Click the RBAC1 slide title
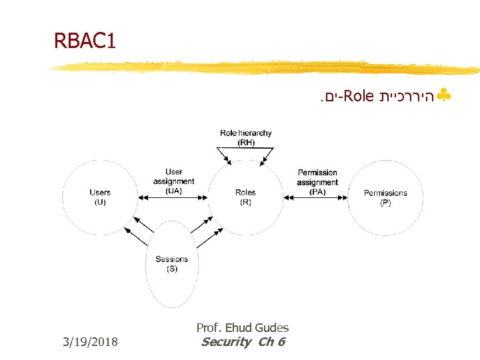click(85, 42)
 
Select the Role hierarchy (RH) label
click(246, 137)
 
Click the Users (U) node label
click(100, 197)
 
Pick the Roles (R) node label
click(245, 197)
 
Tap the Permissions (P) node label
click(385, 197)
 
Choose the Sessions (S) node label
click(172, 264)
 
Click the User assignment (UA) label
click(173, 181)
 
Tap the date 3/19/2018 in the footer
click(90, 342)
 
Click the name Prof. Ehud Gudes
click(243, 327)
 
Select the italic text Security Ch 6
click(243, 342)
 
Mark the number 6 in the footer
click(281, 342)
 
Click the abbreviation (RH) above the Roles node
click(246, 142)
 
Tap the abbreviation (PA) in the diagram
click(317, 191)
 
